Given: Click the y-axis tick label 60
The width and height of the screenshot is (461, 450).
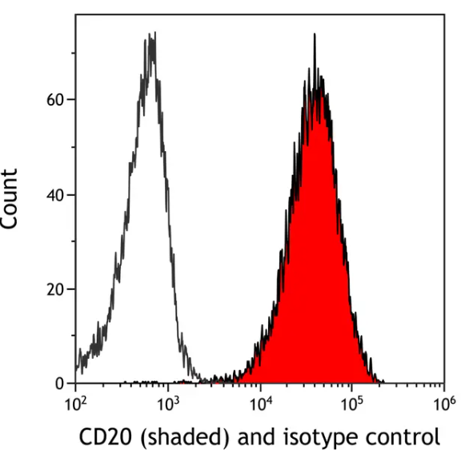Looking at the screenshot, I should pos(54,100).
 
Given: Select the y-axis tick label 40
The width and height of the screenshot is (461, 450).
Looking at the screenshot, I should pos(54,194).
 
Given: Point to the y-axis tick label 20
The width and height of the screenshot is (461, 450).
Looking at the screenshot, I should pos(54,289).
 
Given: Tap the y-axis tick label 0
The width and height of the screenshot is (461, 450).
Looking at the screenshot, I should pos(59,384).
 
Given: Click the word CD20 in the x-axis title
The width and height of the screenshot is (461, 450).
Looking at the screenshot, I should pos(105,437).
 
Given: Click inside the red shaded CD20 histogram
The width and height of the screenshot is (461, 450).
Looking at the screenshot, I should pos(316,240).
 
